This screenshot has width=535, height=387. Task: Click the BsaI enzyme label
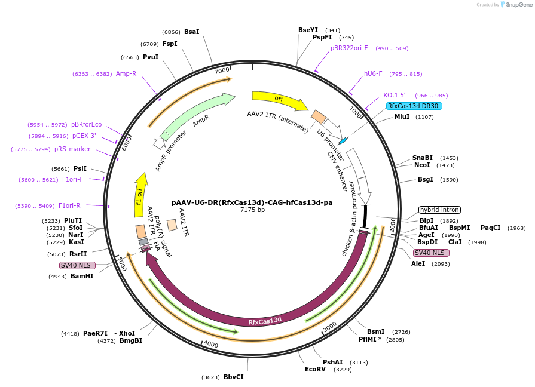(x=192, y=32)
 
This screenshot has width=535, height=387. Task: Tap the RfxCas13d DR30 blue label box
(x=414, y=106)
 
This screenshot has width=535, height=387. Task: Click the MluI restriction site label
(x=402, y=116)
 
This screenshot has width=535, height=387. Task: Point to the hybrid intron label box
(x=439, y=210)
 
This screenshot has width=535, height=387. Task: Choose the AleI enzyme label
(x=418, y=263)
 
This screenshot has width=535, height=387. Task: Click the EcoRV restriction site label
(x=315, y=370)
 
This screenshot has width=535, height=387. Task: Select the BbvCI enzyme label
(x=234, y=377)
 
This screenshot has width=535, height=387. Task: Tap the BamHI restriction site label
(x=82, y=276)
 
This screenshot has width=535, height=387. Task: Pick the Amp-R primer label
(x=126, y=73)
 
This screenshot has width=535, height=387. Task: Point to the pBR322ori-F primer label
(x=349, y=48)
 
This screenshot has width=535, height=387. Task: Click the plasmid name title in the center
(x=252, y=202)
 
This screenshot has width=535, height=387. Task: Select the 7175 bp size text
(x=252, y=210)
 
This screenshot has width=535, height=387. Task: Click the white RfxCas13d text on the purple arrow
(x=265, y=321)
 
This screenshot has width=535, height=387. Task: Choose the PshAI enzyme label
(x=333, y=362)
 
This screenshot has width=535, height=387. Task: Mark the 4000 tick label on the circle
(x=211, y=345)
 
